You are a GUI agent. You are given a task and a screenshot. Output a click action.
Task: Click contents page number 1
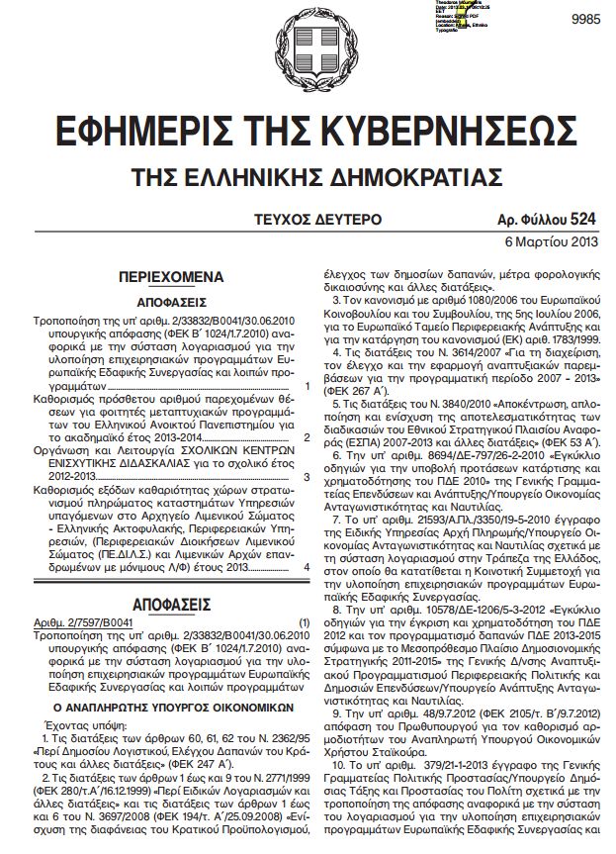308,384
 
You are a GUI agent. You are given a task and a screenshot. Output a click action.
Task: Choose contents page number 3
308,474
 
